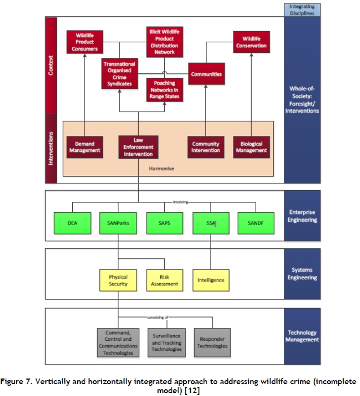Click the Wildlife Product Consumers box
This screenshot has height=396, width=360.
(84, 41)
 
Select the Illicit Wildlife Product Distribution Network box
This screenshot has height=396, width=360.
(164, 41)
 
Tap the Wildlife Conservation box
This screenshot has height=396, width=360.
(251, 41)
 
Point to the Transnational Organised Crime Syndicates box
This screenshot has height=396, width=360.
(120, 74)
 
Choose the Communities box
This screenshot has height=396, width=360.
(206, 74)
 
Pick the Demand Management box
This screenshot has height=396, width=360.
(84, 147)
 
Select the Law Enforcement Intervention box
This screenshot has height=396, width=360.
(137, 147)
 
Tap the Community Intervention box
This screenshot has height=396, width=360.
(205, 147)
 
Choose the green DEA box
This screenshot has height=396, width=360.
(72, 223)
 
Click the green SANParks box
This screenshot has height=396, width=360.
(118, 223)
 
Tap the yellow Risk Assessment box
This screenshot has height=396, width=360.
(164, 280)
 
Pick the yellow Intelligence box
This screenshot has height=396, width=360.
(210, 280)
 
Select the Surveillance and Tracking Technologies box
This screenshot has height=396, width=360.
(167, 342)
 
